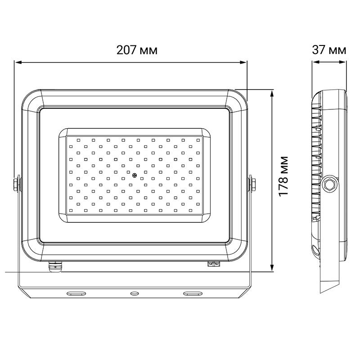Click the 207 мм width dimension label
(x=137, y=50)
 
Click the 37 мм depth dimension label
(x=329, y=50)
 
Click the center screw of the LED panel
(x=135, y=175)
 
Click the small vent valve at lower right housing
(x=212, y=264)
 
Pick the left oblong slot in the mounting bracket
(x=76, y=293)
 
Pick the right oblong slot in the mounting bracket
(x=193, y=293)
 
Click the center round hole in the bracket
(x=134, y=293)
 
